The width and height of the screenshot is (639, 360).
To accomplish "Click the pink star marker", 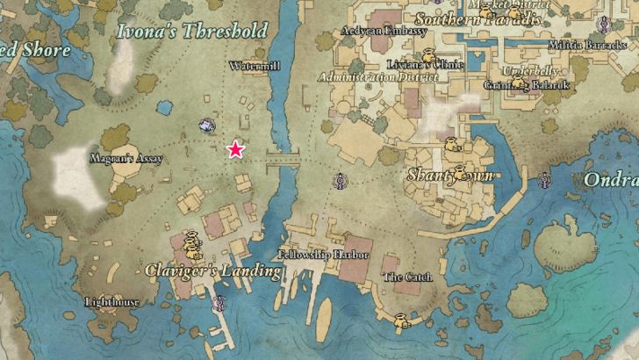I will tap(235, 149).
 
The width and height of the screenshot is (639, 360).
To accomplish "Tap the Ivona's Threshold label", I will tap(192, 32).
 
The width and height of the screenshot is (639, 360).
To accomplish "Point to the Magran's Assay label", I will tap(126, 159).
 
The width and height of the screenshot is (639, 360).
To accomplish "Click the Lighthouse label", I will tap(111, 302).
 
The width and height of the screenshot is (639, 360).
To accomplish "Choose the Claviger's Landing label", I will tap(213, 270).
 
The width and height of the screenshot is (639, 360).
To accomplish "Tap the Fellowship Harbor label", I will tap(324, 255).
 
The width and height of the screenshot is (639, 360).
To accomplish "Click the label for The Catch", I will tap(408, 277).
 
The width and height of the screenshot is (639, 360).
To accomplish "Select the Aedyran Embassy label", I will tap(384, 31).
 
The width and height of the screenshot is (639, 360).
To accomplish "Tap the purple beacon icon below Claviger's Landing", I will tap(220, 304).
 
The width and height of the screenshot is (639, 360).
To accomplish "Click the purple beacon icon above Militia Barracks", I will tap(604, 24).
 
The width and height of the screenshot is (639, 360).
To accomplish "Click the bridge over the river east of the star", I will tap(282, 161).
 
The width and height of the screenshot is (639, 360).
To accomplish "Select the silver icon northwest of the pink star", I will tap(207, 126).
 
